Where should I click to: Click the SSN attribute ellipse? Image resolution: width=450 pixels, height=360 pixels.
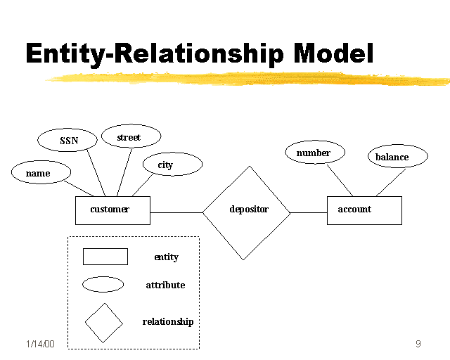[x=68, y=140]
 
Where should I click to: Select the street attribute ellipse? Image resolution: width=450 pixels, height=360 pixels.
[x=131, y=136]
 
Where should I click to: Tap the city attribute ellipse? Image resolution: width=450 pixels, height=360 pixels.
[x=172, y=165]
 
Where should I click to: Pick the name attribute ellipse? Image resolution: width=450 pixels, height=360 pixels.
[x=41, y=172]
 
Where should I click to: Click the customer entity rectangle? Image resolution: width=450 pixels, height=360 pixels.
[x=112, y=210]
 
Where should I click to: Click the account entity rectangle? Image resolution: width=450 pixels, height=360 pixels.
[x=364, y=210]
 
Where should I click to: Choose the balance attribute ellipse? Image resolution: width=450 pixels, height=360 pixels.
[x=397, y=157]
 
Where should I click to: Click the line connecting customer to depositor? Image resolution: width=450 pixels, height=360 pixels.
[x=176, y=212]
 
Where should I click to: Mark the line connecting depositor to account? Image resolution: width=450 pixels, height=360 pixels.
[x=309, y=212]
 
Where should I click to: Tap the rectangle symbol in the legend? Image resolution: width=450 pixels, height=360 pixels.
[x=105, y=257]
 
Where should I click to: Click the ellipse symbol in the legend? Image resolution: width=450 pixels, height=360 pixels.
[x=103, y=285]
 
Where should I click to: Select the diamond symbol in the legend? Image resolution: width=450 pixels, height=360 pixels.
[x=103, y=323]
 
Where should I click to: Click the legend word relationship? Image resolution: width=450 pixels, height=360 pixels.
[x=167, y=322]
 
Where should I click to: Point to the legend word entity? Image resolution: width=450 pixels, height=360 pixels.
[x=166, y=257]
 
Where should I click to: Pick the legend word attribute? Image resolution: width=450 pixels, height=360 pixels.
[x=165, y=285]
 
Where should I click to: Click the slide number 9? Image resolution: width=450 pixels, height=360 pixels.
[x=418, y=344]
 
